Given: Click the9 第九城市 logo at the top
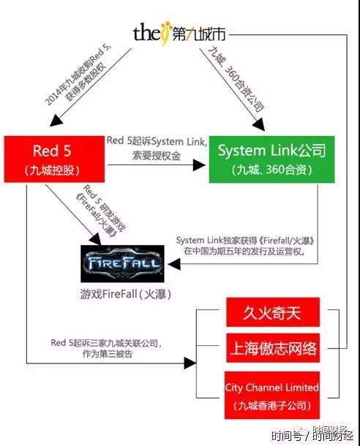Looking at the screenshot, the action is point(179,34).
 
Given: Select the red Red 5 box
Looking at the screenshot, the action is point(54,159).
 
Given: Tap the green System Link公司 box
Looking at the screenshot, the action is point(271,159).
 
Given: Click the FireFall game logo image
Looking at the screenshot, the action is point(122,263).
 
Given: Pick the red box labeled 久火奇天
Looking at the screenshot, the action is point(273,312).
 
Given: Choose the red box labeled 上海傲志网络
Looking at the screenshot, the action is point(273,348).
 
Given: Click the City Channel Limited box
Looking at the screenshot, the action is point(271,395).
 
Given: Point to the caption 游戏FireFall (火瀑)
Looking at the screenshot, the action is point(126,294).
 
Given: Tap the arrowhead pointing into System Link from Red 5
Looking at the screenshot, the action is point(199,165).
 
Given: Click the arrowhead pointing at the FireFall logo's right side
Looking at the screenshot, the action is point(174,264).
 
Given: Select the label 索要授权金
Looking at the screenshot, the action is point(157,156).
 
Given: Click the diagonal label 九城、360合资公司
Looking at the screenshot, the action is point(236,79).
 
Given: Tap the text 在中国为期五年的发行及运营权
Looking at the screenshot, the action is point(244,252).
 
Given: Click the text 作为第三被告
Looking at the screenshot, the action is point(108,354).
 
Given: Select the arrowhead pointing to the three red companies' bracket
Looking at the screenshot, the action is point(190,363).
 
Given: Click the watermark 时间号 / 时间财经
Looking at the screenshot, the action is point(312,434).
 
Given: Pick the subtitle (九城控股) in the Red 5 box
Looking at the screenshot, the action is point(52,170).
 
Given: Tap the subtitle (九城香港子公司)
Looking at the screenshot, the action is point(271,405).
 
